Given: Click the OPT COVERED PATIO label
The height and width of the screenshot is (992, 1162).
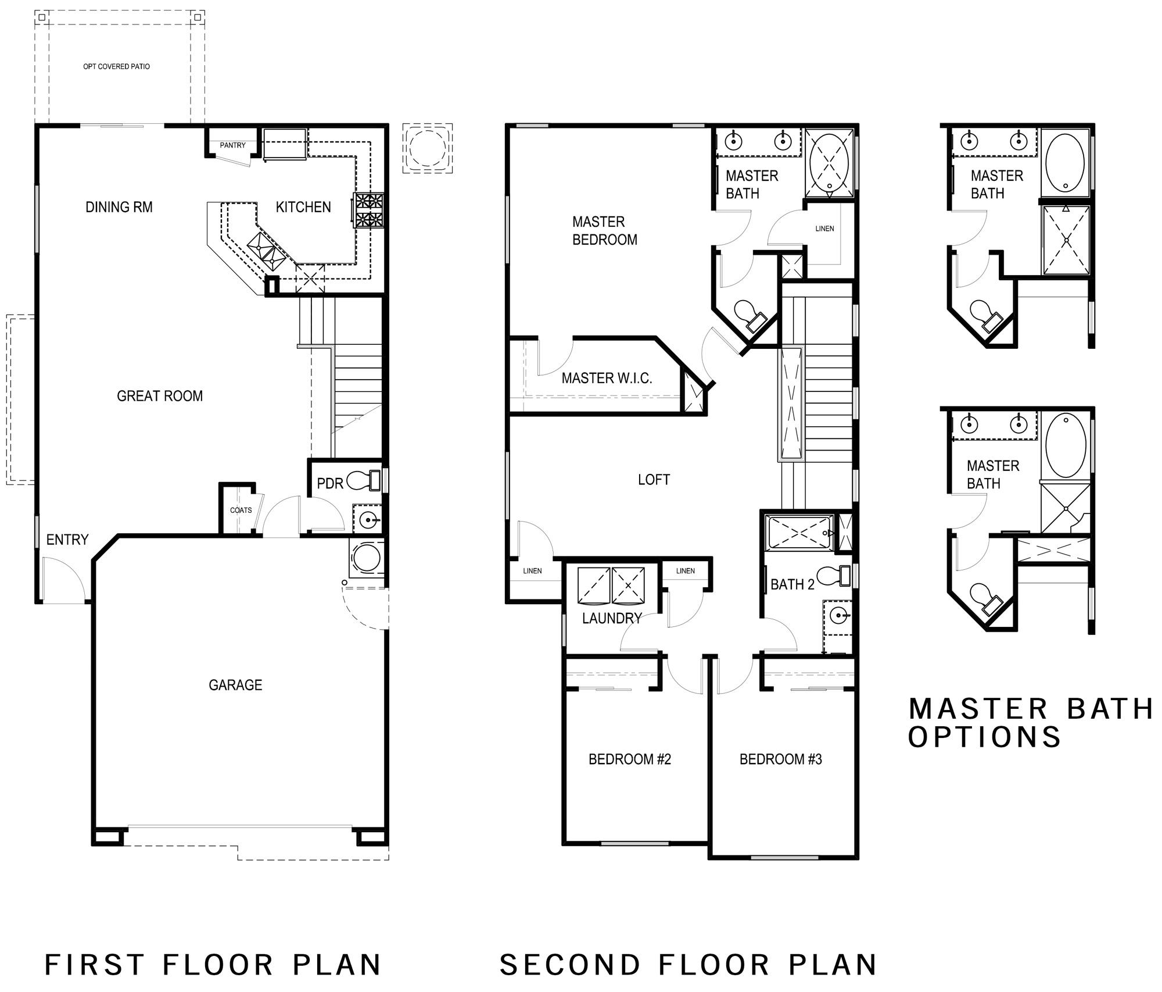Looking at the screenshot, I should click(116, 66).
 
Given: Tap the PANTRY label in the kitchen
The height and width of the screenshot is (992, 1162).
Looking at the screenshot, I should click(232, 145).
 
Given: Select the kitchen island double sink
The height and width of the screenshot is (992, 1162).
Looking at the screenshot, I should click(267, 251).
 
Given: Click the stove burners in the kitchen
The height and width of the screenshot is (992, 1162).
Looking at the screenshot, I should click(369, 210).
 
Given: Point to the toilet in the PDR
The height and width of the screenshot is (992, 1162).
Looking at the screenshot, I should click(362, 481).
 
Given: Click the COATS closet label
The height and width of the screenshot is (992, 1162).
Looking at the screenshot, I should click(241, 511).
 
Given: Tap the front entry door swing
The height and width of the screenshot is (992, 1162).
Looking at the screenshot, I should click(63, 578).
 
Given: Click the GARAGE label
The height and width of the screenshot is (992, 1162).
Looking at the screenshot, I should click(235, 685).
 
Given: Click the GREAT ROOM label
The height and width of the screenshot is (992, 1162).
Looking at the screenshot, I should click(160, 396).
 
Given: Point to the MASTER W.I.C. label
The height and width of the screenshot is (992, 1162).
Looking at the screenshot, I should click(607, 379).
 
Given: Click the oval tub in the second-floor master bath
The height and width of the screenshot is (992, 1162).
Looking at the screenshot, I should click(829, 162).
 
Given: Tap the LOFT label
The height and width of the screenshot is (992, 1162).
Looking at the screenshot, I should click(654, 480).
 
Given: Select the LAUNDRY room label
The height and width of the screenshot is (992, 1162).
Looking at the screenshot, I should click(611, 618).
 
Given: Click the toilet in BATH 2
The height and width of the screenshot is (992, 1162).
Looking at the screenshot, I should click(840, 574).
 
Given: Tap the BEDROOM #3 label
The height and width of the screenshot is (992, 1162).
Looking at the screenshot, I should click(780, 759).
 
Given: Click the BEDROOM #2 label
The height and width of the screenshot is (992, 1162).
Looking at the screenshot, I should click(630, 759).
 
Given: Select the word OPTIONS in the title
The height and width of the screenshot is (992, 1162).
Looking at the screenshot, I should click(984, 737).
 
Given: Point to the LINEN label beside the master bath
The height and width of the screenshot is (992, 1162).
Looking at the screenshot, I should click(824, 229).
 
